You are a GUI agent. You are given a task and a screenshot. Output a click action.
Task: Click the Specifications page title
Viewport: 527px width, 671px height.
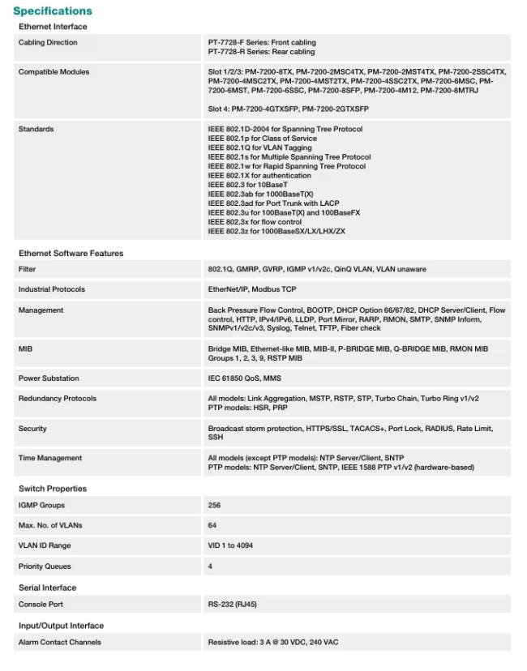point(53,11)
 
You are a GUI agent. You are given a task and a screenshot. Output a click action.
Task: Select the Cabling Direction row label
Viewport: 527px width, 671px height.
point(48,43)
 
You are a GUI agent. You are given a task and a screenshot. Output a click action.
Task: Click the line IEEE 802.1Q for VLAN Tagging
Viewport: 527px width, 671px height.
point(260,147)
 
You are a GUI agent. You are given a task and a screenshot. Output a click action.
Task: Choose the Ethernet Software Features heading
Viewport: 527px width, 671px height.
point(71,254)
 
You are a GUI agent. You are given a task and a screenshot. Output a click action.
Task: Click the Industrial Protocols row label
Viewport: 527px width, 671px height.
point(52,289)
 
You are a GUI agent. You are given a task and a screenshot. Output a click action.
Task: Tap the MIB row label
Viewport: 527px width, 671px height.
point(25,349)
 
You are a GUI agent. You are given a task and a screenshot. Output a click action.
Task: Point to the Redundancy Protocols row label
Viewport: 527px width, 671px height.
point(58,399)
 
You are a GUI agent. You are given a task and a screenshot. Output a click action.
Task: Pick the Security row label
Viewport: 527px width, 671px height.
point(32,429)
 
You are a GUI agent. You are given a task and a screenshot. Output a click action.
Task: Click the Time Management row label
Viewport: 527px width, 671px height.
point(50,459)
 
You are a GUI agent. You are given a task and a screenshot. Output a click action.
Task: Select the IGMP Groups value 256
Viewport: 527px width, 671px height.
point(215,506)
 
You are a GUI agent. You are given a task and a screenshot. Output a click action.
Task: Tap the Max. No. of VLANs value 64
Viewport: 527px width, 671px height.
point(212,526)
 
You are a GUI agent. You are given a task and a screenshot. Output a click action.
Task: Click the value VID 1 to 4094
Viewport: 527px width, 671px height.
point(231,546)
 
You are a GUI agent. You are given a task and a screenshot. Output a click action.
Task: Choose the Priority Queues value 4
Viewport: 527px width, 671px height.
point(210,566)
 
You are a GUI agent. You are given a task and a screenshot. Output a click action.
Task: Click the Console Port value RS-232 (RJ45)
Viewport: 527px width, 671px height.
point(233,605)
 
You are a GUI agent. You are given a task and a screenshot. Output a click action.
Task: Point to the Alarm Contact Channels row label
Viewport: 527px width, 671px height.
point(60,643)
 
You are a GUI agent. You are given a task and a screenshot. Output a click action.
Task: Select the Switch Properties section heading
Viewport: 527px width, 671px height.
point(53,489)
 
